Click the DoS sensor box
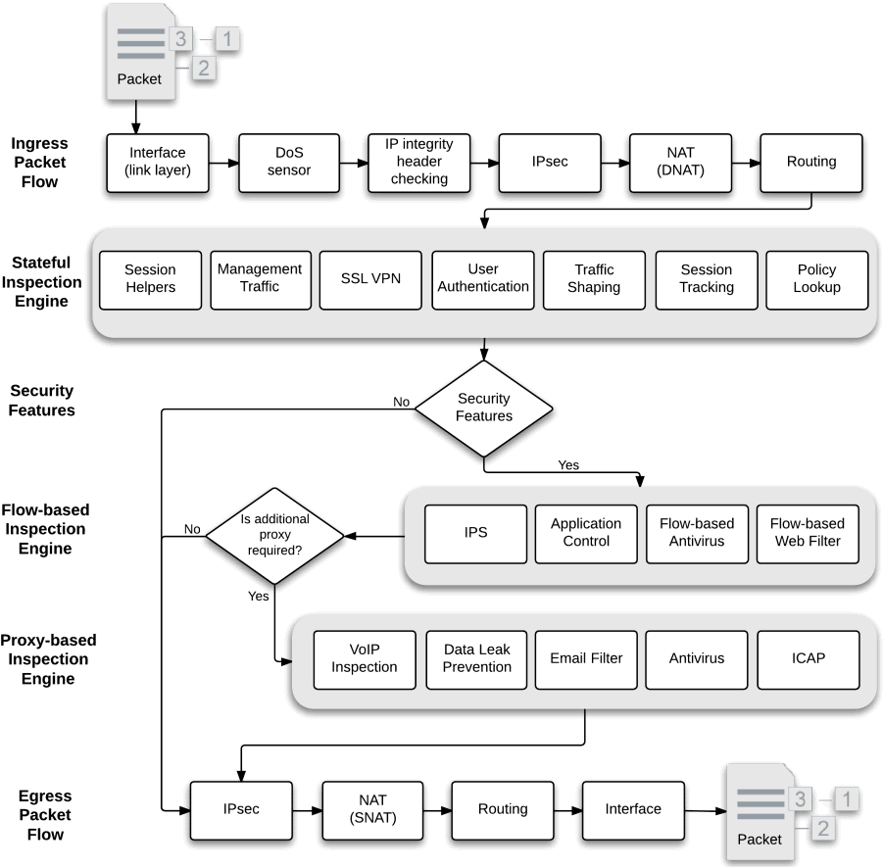coord(289,163)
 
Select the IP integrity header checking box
coord(419,163)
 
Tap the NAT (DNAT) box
coord(680,163)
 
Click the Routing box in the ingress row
coord(810,163)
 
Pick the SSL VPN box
coord(370,280)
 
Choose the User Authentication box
coord(483,280)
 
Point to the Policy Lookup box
coord(817,280)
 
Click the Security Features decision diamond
coord(484,409)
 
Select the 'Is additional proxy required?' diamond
coord(274,536)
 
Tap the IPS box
coord(476,534)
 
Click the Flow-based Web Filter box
coord(808,534)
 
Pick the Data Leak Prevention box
coord(476,660)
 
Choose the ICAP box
coord(809,660)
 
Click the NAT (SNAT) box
coord(372,810)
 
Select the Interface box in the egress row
coord(633,810)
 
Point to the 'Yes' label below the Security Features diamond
coord(568,465)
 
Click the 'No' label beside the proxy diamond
coord(192,529)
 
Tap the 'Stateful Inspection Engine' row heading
coord(42,282)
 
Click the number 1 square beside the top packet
coord(227,39)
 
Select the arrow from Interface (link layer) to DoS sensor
coord(223,164)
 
